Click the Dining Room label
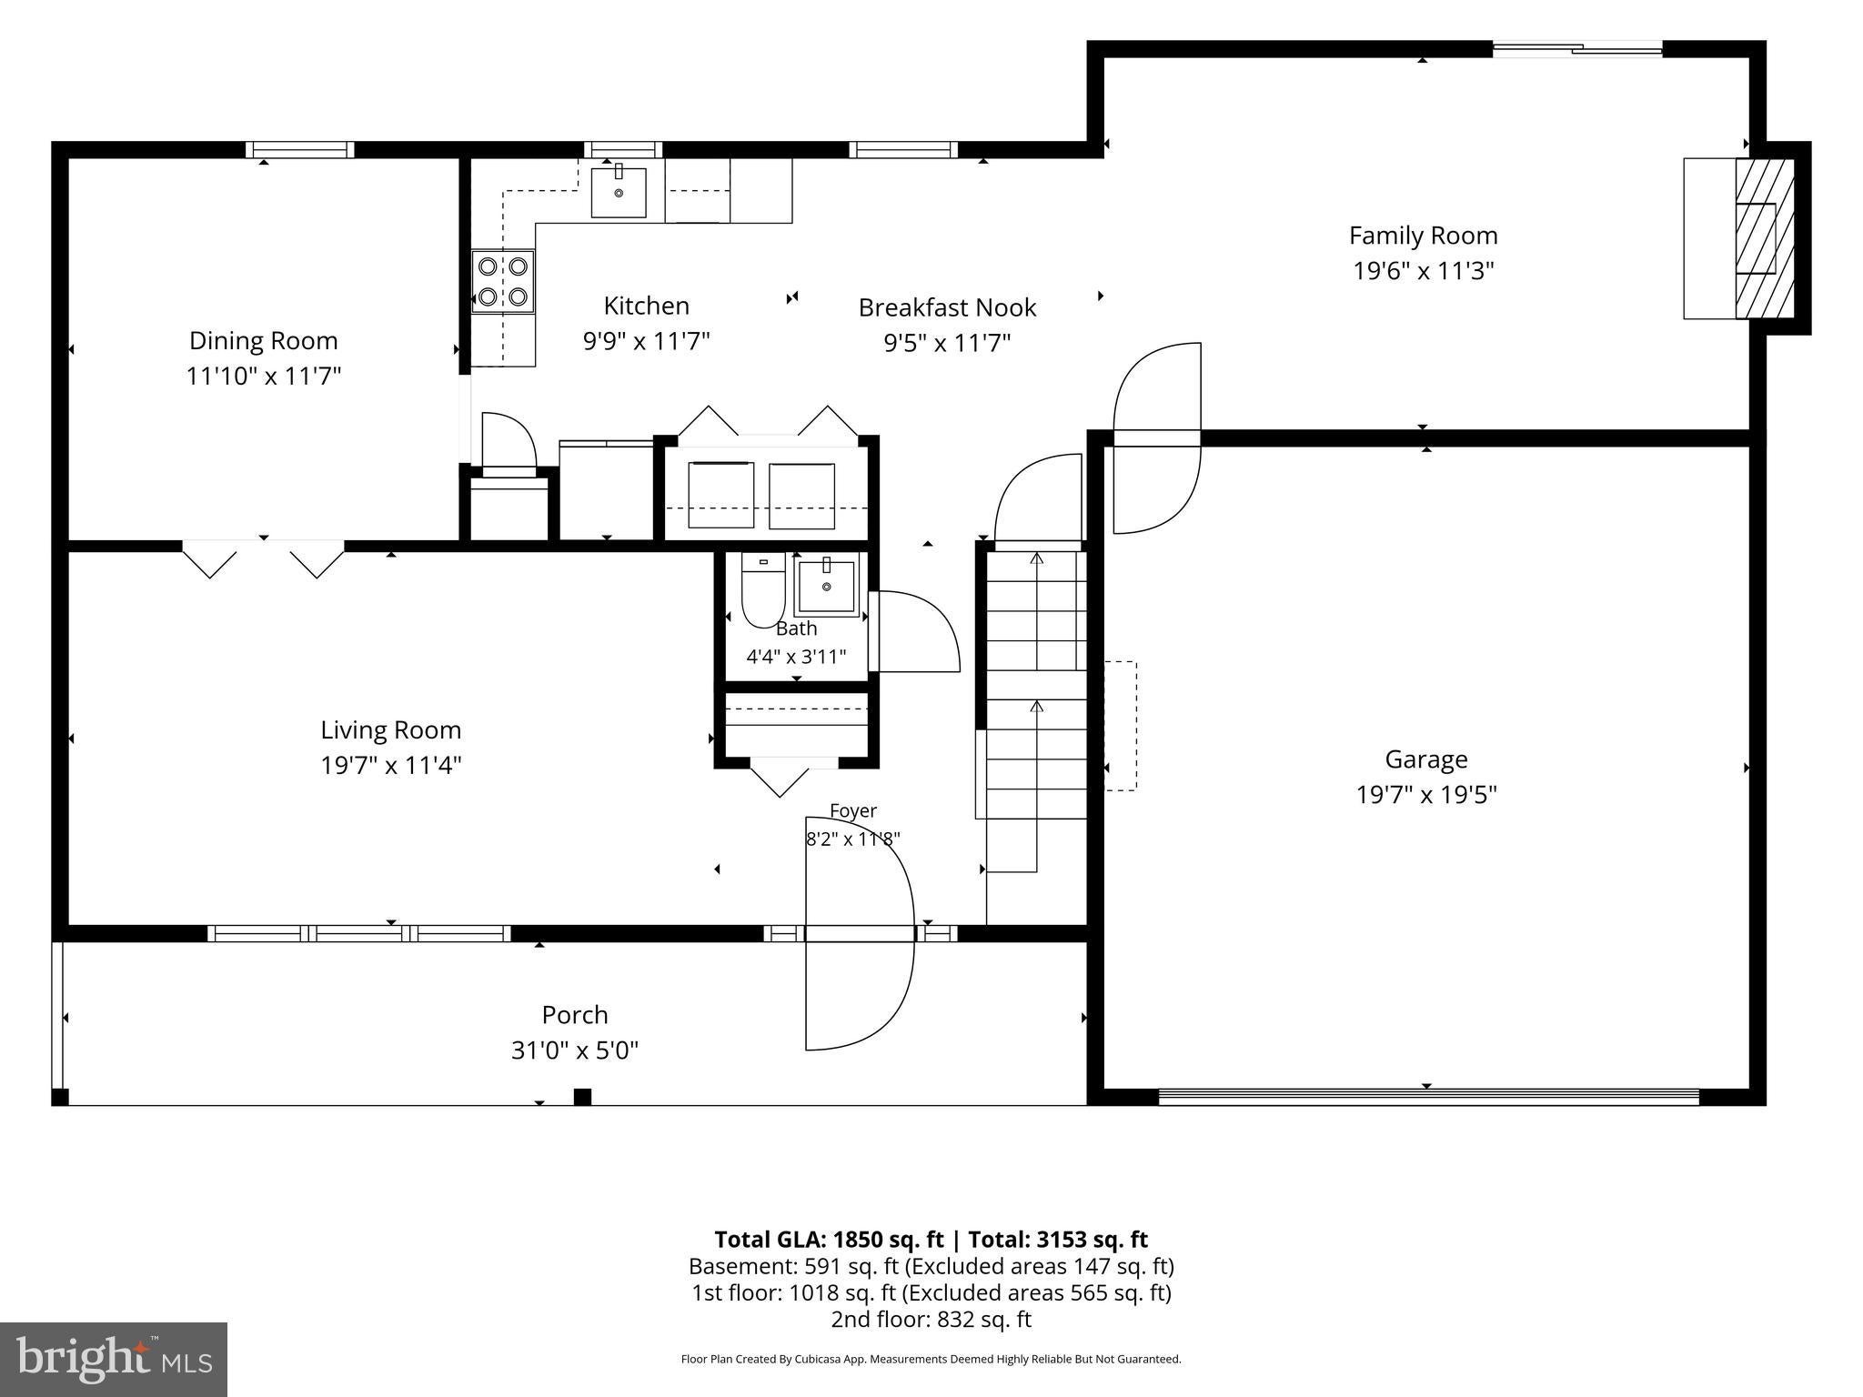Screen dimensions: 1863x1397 [x=263, y=341]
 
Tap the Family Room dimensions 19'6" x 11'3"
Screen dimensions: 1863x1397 [x=1424, y=271]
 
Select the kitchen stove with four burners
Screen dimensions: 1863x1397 [x=503, y=281]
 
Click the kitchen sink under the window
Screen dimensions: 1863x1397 [x=619, y=192]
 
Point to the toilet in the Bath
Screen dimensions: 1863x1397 [x=764, y=590]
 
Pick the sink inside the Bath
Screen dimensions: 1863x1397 [x=826, y=587]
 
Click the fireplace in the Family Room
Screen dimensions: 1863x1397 [x=1765, y=238]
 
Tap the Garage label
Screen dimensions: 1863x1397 [x=1426, y=759]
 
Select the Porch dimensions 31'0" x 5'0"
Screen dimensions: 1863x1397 [x=575, y=1050]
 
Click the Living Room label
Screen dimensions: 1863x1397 [x=391, y=730]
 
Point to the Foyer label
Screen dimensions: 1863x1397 [x=853, y=810]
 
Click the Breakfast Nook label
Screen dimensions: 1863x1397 [x=948, y=307]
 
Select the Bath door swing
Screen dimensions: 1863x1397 [x=914, y=632]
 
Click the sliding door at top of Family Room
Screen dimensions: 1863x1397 [x=1577, y=49]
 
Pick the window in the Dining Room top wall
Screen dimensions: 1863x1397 [x=299, y=150]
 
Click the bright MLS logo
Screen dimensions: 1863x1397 [x=114, y=1359]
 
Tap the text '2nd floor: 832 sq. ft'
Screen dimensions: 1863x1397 [x=931, y=1320]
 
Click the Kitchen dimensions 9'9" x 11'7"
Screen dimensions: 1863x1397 [x=647, y=341]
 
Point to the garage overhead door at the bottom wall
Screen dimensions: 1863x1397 [x=1428, y=1097]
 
